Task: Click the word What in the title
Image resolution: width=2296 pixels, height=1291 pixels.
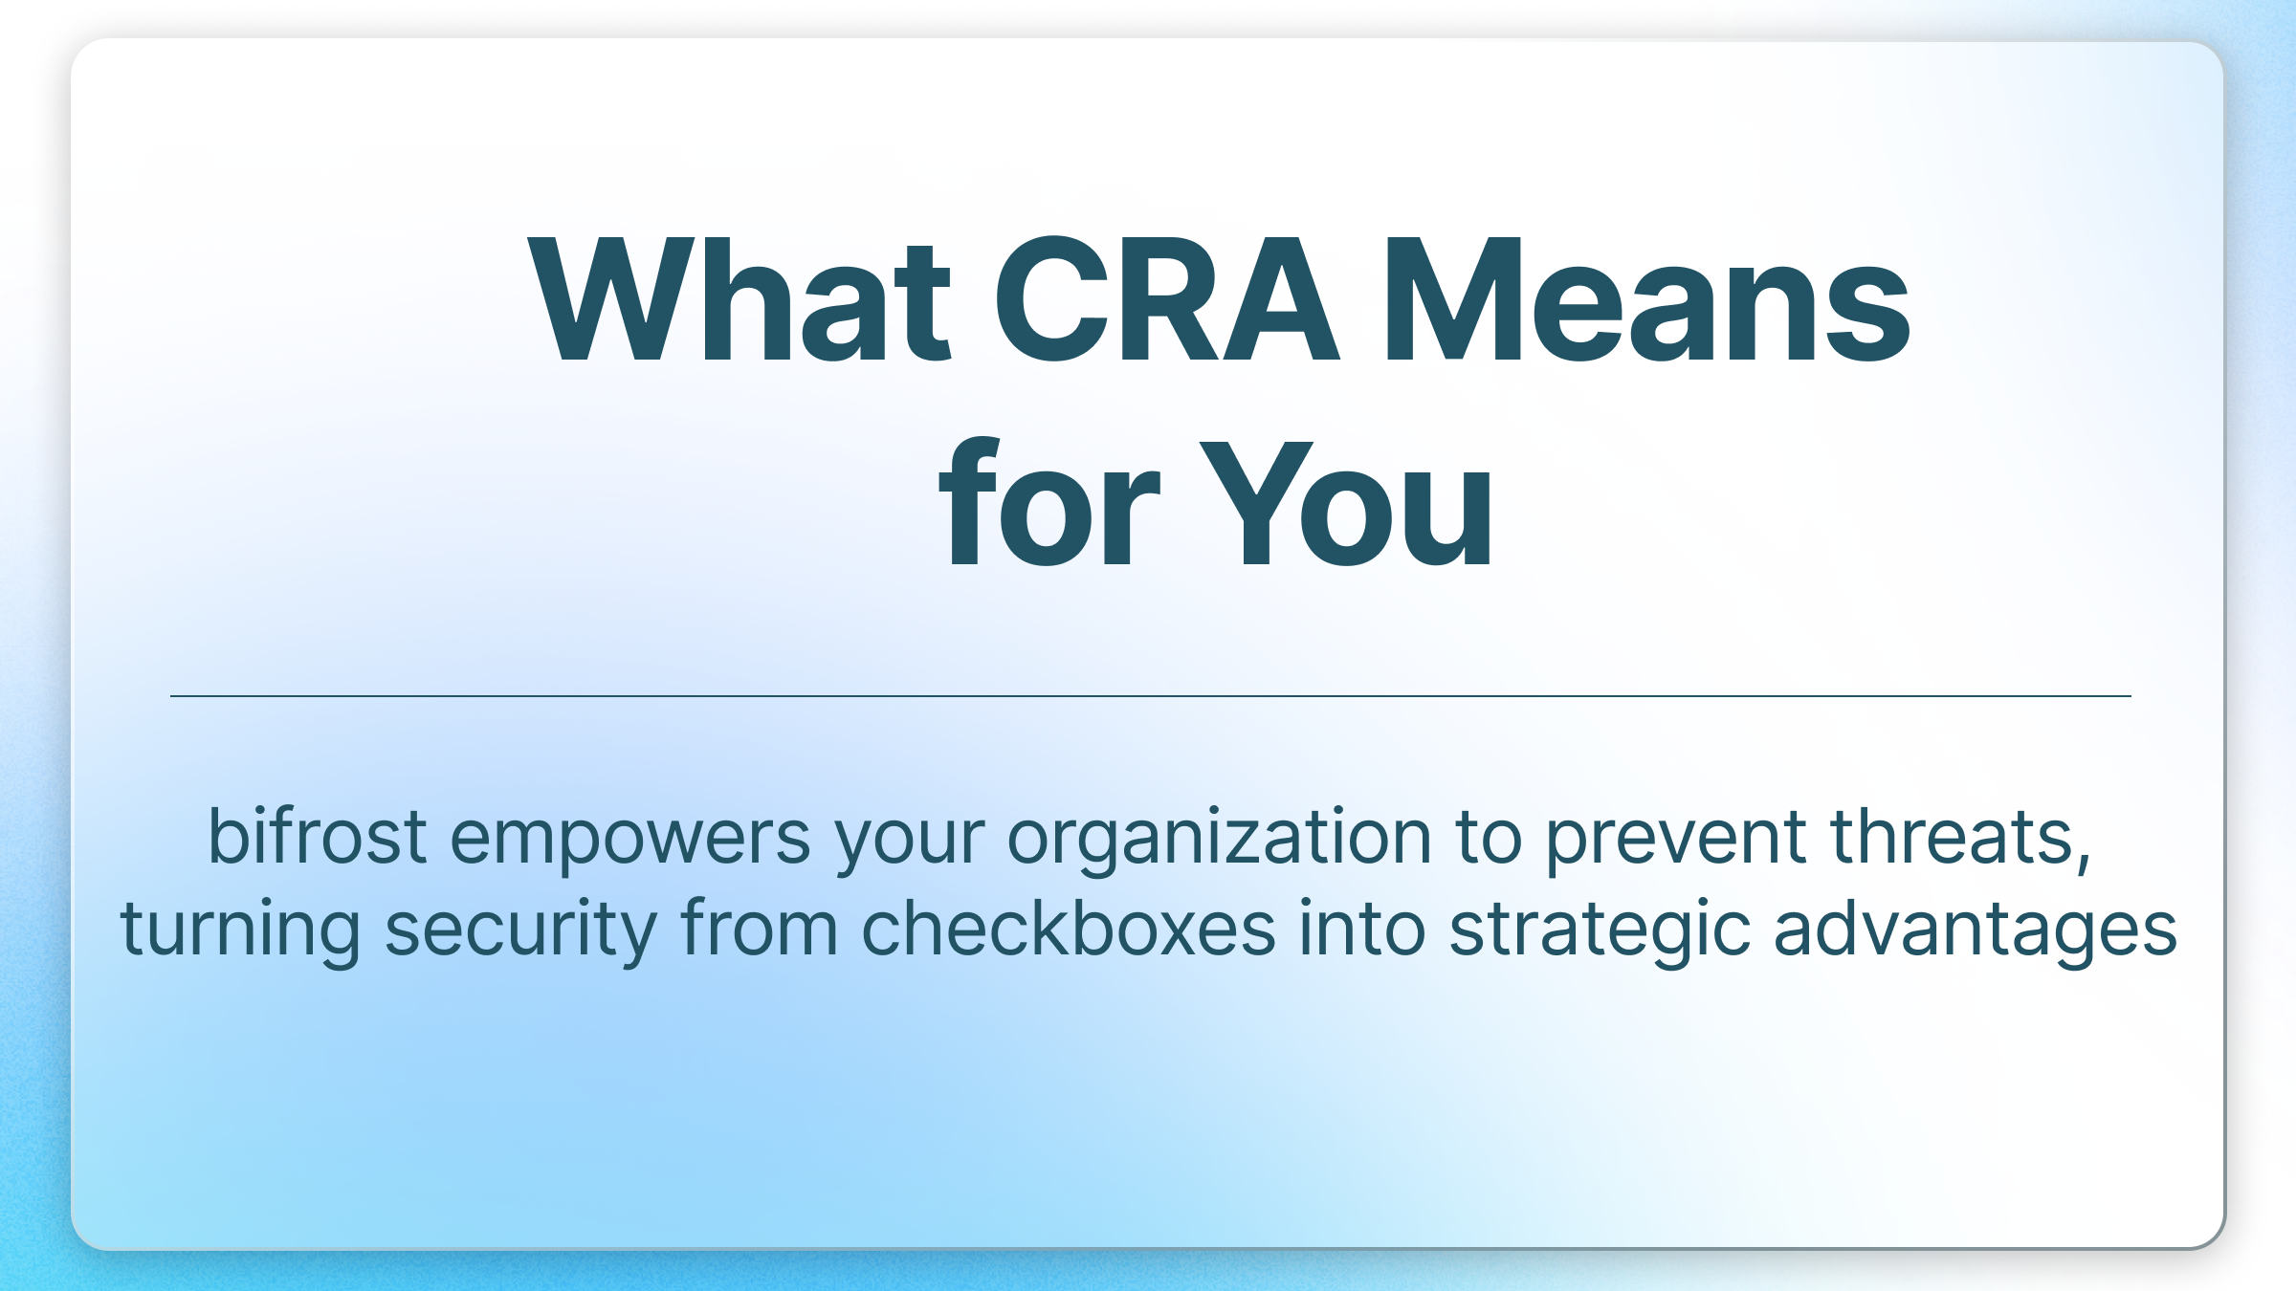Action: tap(739, 301)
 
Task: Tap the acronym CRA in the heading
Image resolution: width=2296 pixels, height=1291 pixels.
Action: tap(1165, 301)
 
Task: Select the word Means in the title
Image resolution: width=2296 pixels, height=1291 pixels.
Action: tap(1646, 301)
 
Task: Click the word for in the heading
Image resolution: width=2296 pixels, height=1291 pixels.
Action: tap(1049, 505)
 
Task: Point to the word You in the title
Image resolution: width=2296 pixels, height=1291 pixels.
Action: tap(1345, 505)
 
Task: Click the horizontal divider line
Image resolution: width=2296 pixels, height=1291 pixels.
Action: tap(1148, 696)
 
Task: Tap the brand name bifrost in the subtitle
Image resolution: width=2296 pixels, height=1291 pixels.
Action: tap(317, 838)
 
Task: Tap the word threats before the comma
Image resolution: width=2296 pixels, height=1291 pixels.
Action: tap(1951, 838)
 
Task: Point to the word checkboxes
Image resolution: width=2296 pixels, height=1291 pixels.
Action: tap(1068, 930)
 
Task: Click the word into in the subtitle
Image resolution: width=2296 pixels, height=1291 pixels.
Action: tap(1361, 930)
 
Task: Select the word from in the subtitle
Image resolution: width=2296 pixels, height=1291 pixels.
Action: tap(759, 930)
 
